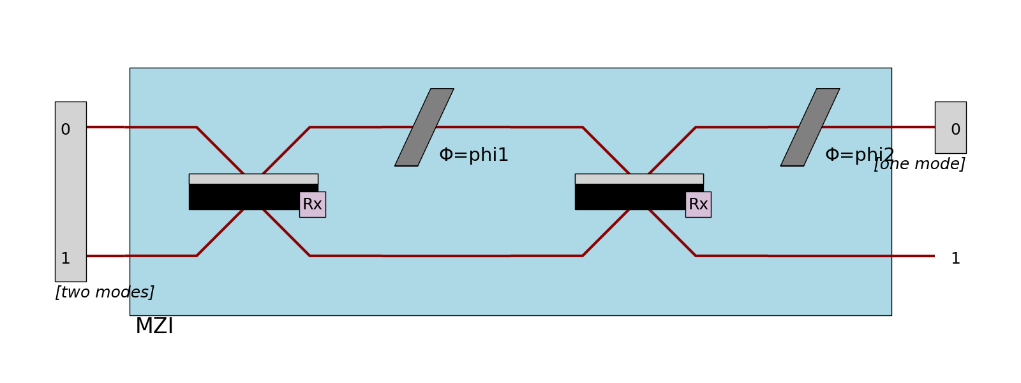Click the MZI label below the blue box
click(x=154, y=326)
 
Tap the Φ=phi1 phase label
click(x=473, y=155)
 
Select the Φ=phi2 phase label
click(x=859, y=155)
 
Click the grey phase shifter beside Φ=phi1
click(x=424, y=127)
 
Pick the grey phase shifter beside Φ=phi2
click(x=810, y=127)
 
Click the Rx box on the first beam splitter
click(x=312, y=204)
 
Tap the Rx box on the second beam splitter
click(x=698, y=204)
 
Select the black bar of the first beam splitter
click(x=242, y=197)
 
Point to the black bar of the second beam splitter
click(x=629, y=197)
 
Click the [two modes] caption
click(x=105, y=292)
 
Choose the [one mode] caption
click(x=919, y=164)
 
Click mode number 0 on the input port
click(x=65, y=130)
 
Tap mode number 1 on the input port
click(x=65, y=259)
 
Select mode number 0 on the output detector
click(x=955, y=130)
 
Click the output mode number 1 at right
click(x=955, y=259)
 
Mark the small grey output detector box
click(x=950, y=115)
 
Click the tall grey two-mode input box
click(x=70, y=191)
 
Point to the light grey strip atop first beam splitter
click(x=253, y=179)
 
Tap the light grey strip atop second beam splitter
click(x=639, y=179)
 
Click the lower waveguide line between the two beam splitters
click(x=447, y=256)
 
